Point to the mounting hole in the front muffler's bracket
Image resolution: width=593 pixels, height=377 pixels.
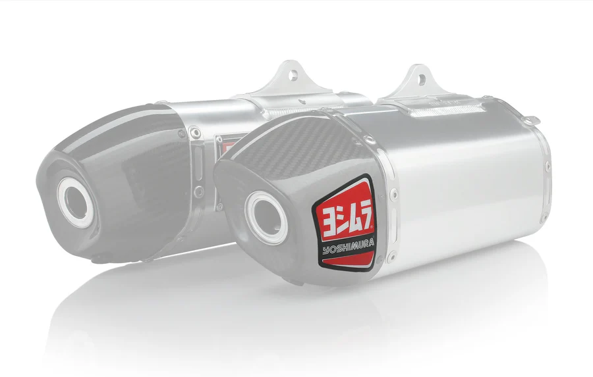click(x=418, y=76)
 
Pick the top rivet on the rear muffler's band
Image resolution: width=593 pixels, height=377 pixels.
click(x=193, y=133)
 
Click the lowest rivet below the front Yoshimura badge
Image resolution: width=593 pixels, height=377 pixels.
click(x=390, y=256)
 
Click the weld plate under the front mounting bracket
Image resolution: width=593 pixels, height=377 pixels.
click(x=435, y=105)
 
